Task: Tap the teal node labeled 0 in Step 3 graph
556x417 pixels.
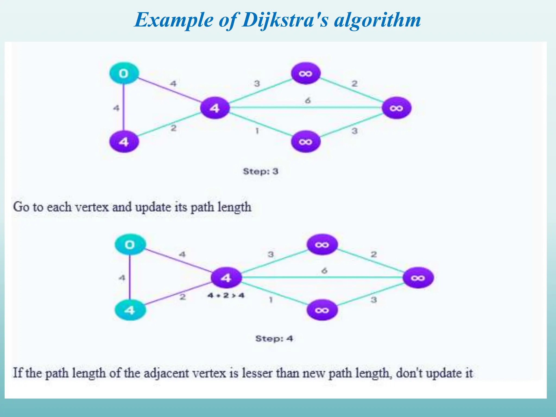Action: (x=124, y=73)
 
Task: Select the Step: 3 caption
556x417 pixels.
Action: (x=261, y=172)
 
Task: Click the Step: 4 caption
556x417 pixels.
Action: (x=274, y=339)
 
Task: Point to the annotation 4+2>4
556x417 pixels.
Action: (x=226, y=295)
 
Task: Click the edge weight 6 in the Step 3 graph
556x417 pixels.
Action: (x=308, y=101)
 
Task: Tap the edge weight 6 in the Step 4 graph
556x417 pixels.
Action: (x=324, y=271)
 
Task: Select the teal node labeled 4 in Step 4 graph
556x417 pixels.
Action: (x=130, y=310)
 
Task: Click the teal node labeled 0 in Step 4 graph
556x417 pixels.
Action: (x=130, y=245)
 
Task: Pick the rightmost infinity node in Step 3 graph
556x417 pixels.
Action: (x=396, y=108)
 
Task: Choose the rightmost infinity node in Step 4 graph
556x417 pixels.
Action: (x=418, y=278)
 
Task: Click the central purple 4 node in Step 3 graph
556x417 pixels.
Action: (x=215, y=108)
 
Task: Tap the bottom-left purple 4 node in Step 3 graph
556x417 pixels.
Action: (x=124, y=142)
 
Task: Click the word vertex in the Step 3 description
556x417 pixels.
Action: (x=91, y=207)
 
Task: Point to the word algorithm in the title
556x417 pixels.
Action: (x=377, y=20)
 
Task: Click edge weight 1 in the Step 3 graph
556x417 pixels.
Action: (x=257, y=131)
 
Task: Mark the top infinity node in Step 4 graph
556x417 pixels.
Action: (x=322, y=245)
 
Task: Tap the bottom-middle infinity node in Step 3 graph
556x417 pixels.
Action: (x=306, y=142)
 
